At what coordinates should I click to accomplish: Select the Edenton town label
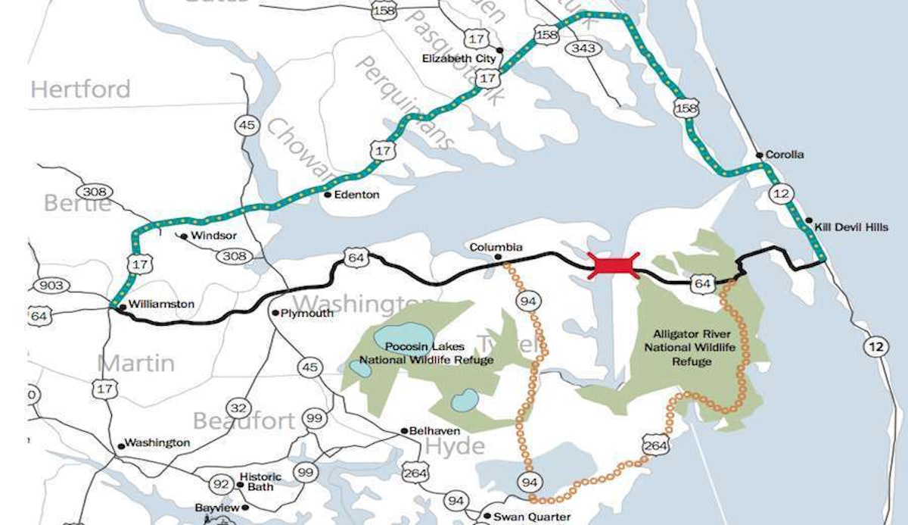(x=356, y=195)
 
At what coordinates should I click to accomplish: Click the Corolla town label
(x=785, y=155)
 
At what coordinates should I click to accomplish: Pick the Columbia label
(x=496, y=248)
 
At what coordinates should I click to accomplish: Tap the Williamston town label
(x=161, y=304)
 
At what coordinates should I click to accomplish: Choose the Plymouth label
(x=306, y=313)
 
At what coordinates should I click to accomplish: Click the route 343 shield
(x=585, y=48)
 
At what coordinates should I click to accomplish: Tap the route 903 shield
(x=49, y=285)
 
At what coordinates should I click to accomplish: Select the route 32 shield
(x=238, y=408)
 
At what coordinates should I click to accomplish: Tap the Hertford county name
(x=80, y=89)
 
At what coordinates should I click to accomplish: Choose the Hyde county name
(x=454, y=447)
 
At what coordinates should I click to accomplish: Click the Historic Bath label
(x=260, y=482)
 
